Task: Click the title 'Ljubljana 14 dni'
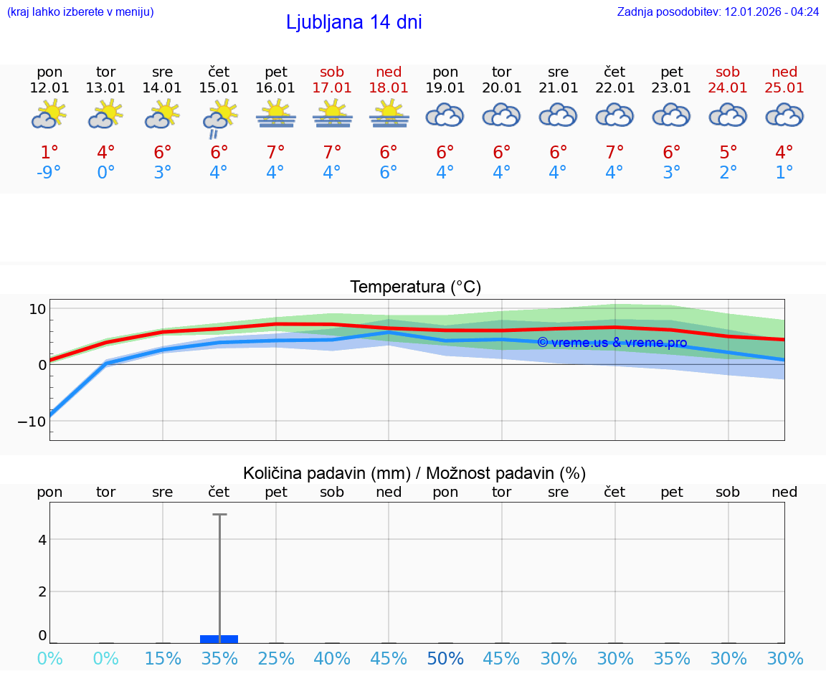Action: tap(353, 22)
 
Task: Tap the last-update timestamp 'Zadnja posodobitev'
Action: tap(718, 12)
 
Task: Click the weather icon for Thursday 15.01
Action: tap(219, 118)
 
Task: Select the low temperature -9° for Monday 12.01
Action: tap(49, 173)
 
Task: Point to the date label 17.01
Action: tap(332, 88)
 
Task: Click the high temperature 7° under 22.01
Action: tap(614, 153)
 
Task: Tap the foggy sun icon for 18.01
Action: tap(389, 115)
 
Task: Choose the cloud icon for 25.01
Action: tap(784, 115)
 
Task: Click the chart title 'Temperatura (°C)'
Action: tap(415, 287)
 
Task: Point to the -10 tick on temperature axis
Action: tap(32, 421)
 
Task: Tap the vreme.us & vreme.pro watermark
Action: tap(612, 343)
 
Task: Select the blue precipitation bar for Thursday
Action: tap(219, 639)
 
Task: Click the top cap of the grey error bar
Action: tap(219, 514)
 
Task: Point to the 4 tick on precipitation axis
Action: tap(42, 539)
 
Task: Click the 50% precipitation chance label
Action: tap(445, 658)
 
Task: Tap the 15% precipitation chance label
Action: tap(163, 658)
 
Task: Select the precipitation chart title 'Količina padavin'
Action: tap(414, 473)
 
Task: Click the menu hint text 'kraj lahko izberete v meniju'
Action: tap(80, 12)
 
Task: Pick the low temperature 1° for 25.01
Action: tap(784, 173)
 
